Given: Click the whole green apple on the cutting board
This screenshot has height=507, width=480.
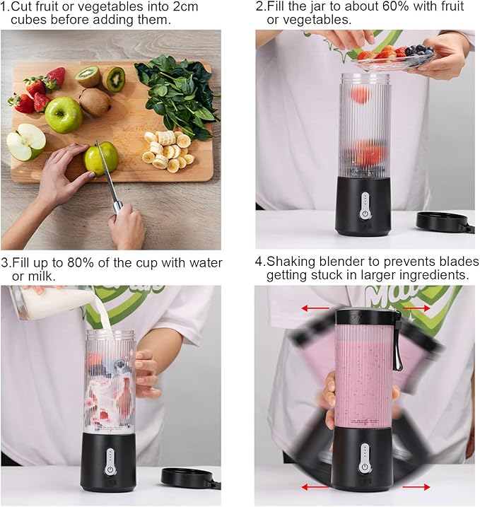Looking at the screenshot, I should click(x=64, y=114).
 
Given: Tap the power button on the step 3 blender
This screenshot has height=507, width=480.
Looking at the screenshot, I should click(x=110, y=469).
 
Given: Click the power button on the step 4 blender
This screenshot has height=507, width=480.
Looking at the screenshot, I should click(x=365, y=467).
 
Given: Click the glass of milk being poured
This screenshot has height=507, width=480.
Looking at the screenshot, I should click(x=49, y=302).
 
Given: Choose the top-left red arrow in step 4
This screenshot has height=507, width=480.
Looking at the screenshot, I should click(x=315, y=308).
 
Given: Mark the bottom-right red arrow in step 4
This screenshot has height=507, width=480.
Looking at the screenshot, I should click(x=416, y=487).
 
